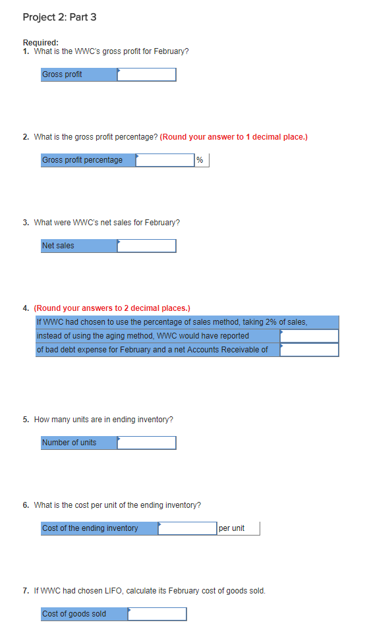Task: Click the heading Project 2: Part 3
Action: pyautogui.click(x=59, y=16)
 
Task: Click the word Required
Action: pyautogui.click(x=40, y=43)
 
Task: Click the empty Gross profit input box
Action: pyautogui.click(x=147, y=74)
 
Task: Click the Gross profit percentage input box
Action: pyautogui.click(x=165, y=160)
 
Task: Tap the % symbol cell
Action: pyautogui.click(x=201, y=160)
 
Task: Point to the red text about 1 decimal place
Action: pyautogui.click(x=233, y=137)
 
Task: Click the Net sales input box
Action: pyautogui.click(x=147, y=246)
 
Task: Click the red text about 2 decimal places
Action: pyautogui.click(x=112, y=308)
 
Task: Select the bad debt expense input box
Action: pyautogui.click(x=309, y=336)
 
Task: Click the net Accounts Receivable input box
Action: pyautogui.click(x=309, y=350)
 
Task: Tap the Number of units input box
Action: pyautogui.click(x=147, y=443)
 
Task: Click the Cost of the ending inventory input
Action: pyautogui.click(x=187, y=528)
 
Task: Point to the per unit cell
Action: pyautogui.click(x=238, y=528)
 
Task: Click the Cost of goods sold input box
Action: pyautogui.click(x=157, y=614)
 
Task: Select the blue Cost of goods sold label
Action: pyautogui.click(x=84, y=614)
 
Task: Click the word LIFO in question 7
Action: pyautogui.click(x=113, y=591)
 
